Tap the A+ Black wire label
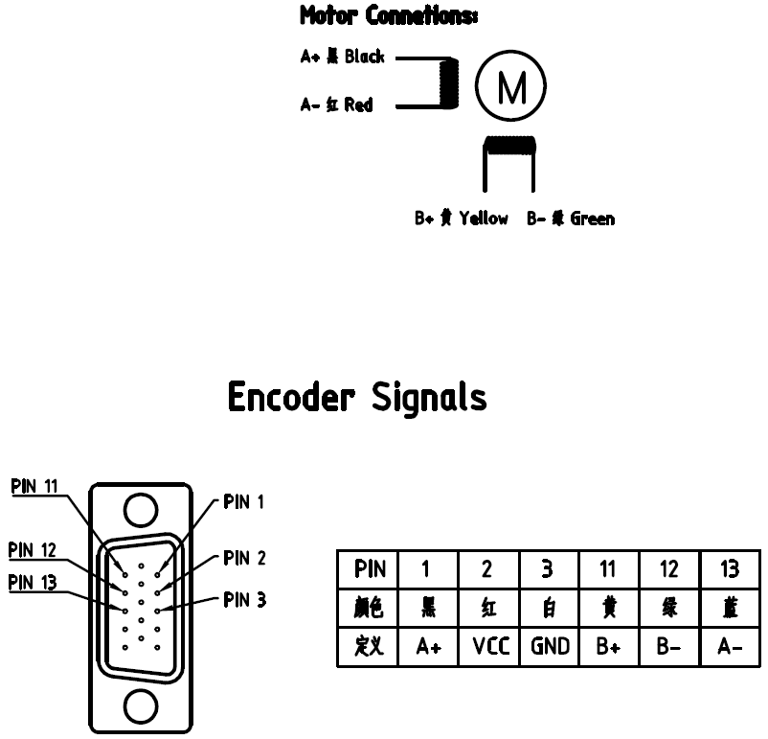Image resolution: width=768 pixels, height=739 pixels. point(342,57)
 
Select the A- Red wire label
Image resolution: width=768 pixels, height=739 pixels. point(336,104)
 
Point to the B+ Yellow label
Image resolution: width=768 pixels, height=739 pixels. point(462,219)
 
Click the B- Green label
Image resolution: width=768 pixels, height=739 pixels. point(571,219)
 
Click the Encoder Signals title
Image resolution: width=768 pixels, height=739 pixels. point(357,396)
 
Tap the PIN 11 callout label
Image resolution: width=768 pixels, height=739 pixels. point(35,486)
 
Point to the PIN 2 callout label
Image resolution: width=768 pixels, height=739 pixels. point(244,557)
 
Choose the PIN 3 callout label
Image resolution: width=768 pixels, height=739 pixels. point(244,601)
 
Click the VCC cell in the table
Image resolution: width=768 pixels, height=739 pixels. point(487,647)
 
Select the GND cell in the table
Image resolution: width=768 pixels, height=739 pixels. point(549,647)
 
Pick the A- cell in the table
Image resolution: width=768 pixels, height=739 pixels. point(731,647)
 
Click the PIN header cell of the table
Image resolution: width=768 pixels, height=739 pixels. point(369,569)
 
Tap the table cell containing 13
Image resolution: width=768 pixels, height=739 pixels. point(731,569)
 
